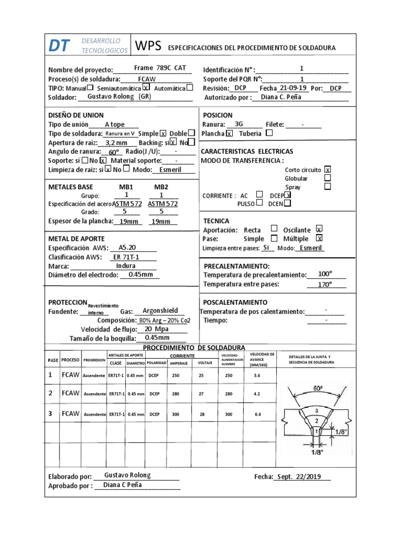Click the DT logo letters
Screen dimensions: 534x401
(x=58, y=46)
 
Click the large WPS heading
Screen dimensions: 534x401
(x=149, y=46)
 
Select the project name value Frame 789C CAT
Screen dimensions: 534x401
(x=160, y=68)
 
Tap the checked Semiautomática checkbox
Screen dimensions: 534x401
(x=146, y=88)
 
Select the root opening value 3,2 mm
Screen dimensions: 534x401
(x=116, y=142)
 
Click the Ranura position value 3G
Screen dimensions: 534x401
(x=240, y=124)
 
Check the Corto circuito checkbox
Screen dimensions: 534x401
(x=327, y=169)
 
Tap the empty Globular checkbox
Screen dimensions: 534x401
(x=327, y=178)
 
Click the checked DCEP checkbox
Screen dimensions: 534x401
(x=287, y=195)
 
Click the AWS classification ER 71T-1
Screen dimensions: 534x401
(x=126, y=257)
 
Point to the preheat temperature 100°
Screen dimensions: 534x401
(x=325, y=274)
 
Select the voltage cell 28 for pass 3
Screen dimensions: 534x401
(x=202, y=414)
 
